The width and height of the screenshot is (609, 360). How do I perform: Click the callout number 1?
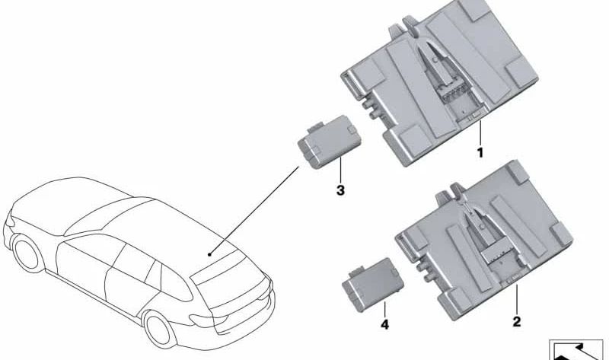pos(480,153)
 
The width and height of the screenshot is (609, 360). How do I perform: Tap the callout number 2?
pos(517,321)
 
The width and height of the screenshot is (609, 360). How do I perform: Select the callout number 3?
pos(340,190)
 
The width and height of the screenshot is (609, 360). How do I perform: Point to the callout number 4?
pos(384,324)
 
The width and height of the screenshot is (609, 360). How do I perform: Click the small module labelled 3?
pos(330,142)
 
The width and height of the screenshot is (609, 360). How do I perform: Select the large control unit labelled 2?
pos(483,241)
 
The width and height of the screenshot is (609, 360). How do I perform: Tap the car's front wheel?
pos(27,253)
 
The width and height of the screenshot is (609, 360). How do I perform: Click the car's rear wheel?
pos(160,329)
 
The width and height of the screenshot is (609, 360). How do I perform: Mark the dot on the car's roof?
pos(209,254)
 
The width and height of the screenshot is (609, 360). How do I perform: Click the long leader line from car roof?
pos(254,211)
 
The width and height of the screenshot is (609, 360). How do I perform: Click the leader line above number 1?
pos(480,132)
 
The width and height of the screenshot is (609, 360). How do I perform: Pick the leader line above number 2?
pos(517,299)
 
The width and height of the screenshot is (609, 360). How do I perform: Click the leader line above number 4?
pos(384,310)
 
